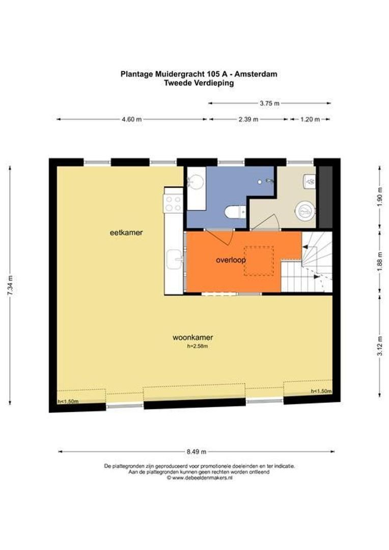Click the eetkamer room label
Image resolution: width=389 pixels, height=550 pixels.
pyautogui.click(x=126, y=233)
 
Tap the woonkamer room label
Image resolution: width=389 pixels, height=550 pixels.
pyautogui.click(x=193, y=338)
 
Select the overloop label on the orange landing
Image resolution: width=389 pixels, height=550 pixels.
pyautogui.click(x=231, y=260)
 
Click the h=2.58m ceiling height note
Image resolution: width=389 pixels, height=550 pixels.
pyautogui.click(x=198, y=346)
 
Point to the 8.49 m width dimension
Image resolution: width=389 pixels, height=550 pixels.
pyautogui.click(x=197, y=452)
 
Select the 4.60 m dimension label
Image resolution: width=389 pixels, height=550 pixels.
pyautogui.click(x=132, y=119)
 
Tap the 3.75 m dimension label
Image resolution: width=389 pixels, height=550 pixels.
pyautogui.click(x=269, y=103)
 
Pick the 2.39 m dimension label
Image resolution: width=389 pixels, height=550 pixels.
pyautogui.click(x=248, y=119)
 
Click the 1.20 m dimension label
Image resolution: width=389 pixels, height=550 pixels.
pyautogui.click(x=310, y=119)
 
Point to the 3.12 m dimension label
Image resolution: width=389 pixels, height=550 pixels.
pyautogui.click(x=379, y=346)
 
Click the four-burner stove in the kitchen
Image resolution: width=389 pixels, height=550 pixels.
pyautogui.click(x=173, y=203)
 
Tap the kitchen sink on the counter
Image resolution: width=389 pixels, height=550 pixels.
pyautogui.click(x=174, y=259)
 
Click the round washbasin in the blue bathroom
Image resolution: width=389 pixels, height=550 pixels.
pyautogui.click(x=196, y=182)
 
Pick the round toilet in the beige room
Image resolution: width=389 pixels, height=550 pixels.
pyautogui.click(x=305, y=211)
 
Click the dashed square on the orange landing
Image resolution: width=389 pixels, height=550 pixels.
pyautogui.click(x=259, y=261)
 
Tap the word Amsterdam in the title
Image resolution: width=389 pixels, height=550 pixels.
pyautogui.click(x=256, y=74)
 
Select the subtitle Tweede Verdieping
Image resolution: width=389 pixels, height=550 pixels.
pyautogui.click(x=199, y=83)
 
